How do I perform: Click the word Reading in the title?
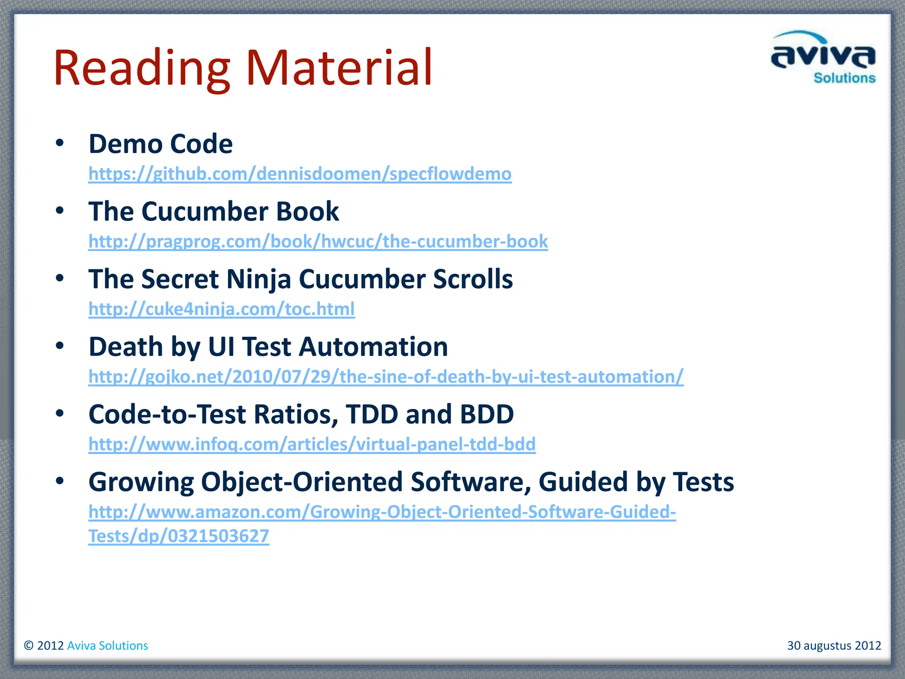coord(141,69)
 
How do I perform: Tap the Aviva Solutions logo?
coord(823,57)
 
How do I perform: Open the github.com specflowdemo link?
coord(300,174)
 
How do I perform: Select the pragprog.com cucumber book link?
coord(318,241)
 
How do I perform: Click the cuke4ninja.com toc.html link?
coord(221,309)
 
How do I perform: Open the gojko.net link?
coord(386,377)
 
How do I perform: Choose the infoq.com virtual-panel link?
coord(312,444)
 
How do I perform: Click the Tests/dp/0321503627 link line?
coord(179,536)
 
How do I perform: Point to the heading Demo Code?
coord(160,144)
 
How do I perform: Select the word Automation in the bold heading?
coord(373,347)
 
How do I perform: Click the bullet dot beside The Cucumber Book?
coord(60,210)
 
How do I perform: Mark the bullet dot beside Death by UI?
coord(60,346)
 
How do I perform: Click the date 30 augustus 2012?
coord(834,645)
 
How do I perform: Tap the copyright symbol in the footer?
coord(29,645)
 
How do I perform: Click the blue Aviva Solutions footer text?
coord(107,645)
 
